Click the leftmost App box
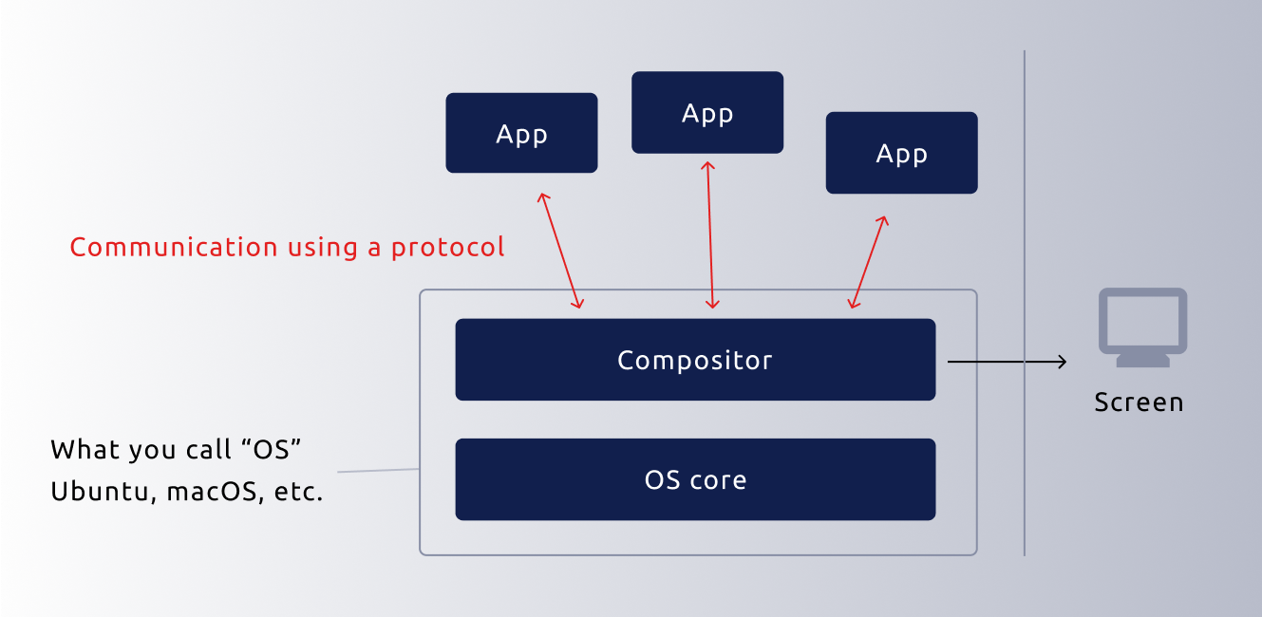[521, 133]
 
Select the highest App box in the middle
[707, 112]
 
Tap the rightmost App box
[901, 153]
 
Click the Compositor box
[695, 360]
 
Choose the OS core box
[695, 479]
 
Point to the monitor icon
[1142, 321]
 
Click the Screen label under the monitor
[1139, 402]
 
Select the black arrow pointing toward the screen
[1007, 362]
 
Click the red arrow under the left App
[560, 251]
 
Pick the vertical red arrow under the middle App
[710, 234]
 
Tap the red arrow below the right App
[869, 261]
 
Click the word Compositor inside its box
[695, 361]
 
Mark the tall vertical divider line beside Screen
[1025, 304]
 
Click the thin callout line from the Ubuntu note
[378, 470]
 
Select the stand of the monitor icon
[1142, 360]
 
